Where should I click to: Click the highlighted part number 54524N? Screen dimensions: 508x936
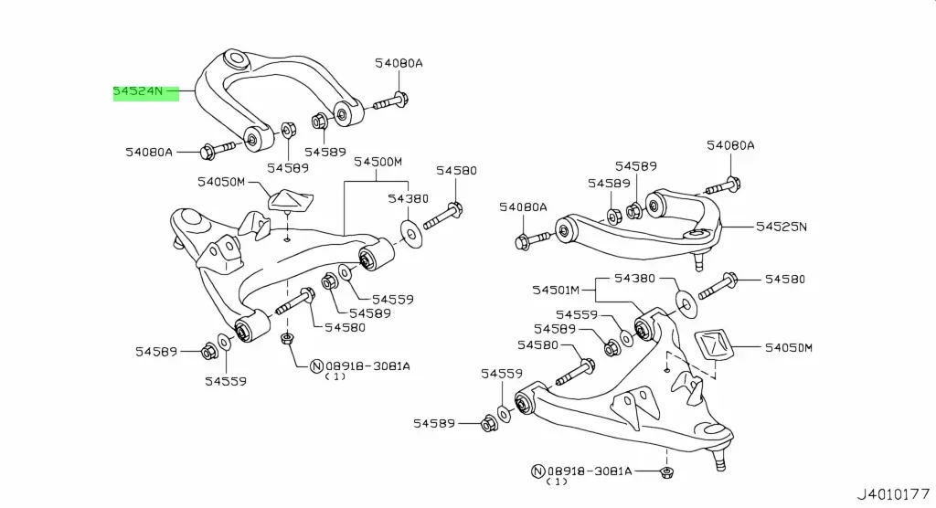(138, 91)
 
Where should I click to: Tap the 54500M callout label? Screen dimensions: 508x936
(378, 163)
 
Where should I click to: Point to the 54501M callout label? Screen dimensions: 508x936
(557, 290)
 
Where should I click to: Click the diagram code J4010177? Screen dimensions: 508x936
(893, 494)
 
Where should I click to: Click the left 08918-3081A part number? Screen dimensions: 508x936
(367, 365)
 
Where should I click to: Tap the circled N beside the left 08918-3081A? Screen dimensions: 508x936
(316, 366)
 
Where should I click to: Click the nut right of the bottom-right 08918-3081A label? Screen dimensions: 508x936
(666, 472)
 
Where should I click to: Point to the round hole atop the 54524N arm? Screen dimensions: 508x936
(236, 61)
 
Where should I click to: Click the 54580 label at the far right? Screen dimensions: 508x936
(787, 279)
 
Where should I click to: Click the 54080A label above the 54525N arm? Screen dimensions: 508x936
(730, 145)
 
